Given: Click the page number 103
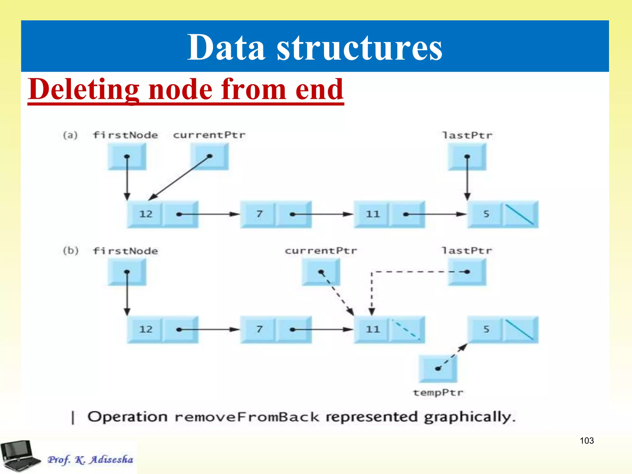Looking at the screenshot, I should click(x=587, y=441).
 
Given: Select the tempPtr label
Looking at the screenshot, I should click(x=438, y=393).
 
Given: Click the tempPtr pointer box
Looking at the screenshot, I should click(x=438, y=369).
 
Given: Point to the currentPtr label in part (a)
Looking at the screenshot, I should click(x=209, y=135).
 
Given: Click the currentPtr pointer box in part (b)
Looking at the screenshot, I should click(x=321, y=272).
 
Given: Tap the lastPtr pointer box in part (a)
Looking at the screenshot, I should click(x=467, y=157).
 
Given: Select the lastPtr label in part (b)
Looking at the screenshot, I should click(x=467, y=251).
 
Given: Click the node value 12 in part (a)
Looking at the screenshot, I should click(x=146, y=214).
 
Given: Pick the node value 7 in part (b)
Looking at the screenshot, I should click(x=259, y=329).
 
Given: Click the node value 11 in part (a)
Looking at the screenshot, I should click(x=372, y=214).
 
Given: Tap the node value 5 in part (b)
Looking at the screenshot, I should click(x=486, y=329).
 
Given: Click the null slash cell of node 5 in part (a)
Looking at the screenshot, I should click(x=520, y=214).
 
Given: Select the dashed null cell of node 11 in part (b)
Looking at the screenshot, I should click(x=406, y=330).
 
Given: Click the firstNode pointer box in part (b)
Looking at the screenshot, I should click(x=127, y=272).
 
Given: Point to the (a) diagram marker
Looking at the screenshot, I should click(x=70, y=135).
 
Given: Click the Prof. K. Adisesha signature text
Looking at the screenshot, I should click(x=90, y=459).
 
